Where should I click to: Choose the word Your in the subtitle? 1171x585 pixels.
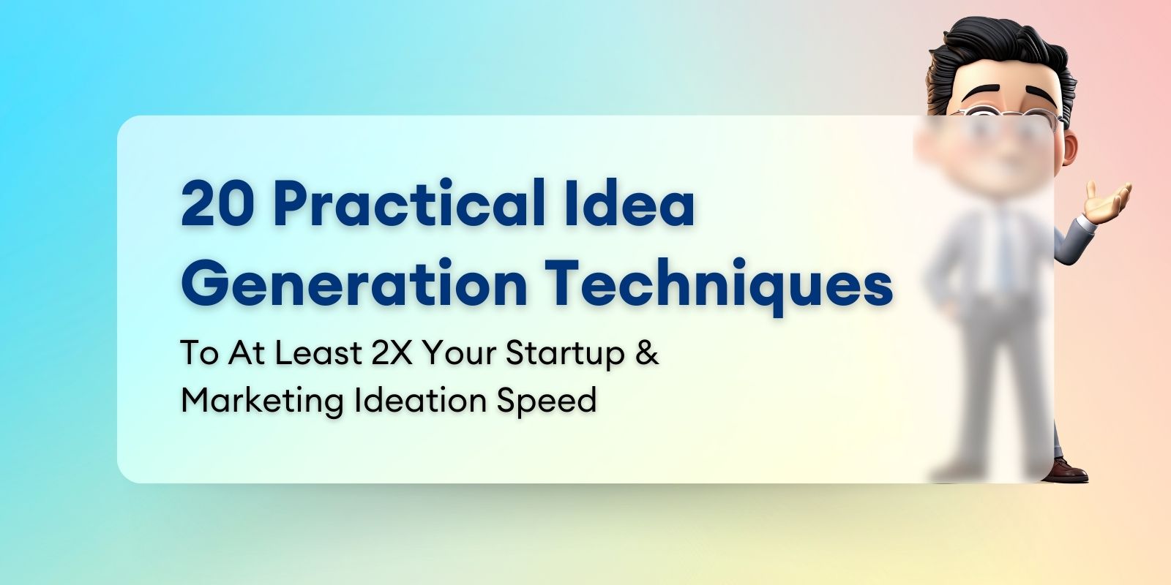(459, 353)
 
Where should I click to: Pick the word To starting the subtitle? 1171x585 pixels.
(199, 353)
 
